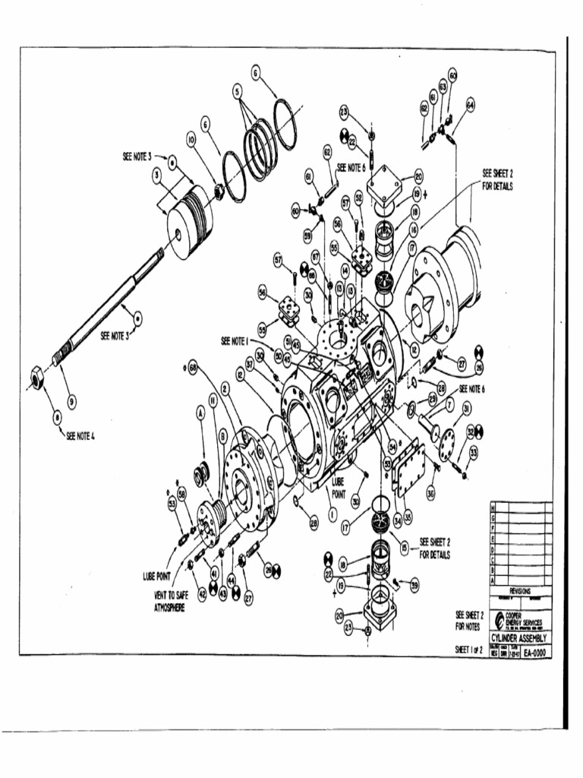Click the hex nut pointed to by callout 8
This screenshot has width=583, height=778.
click(x=36, y=376)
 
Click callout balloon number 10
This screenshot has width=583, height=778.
click(x=191, y=140)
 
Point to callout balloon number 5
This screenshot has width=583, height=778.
click(x=238, y=90)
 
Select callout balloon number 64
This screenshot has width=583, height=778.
click(x=470, y=106)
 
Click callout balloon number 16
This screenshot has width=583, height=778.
click(x=414, y=228)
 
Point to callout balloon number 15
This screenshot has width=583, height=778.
click(x=403, y=546)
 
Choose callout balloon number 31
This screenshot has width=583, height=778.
click(x=456, y=410)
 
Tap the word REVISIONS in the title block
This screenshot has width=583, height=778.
click(x=520, y=590)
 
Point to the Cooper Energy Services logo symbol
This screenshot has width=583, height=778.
click(x=498, y=619)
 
